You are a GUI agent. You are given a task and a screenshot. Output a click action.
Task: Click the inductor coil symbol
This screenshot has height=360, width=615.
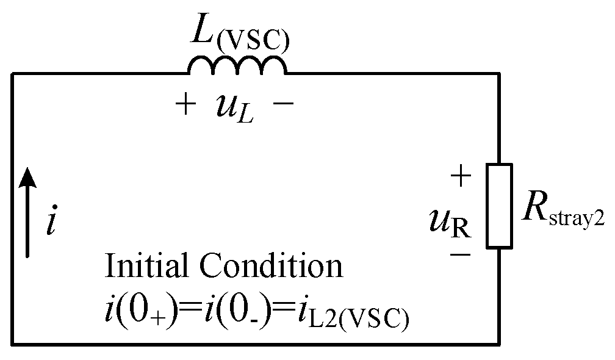[x=237, y=65]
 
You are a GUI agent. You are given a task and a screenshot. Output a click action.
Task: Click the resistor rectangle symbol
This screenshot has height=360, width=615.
[x=498, y=206]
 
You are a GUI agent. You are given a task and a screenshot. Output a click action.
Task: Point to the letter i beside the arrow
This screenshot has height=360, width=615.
[x=52, y=223]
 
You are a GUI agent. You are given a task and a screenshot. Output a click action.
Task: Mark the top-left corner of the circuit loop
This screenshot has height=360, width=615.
[x=12, y=74]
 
